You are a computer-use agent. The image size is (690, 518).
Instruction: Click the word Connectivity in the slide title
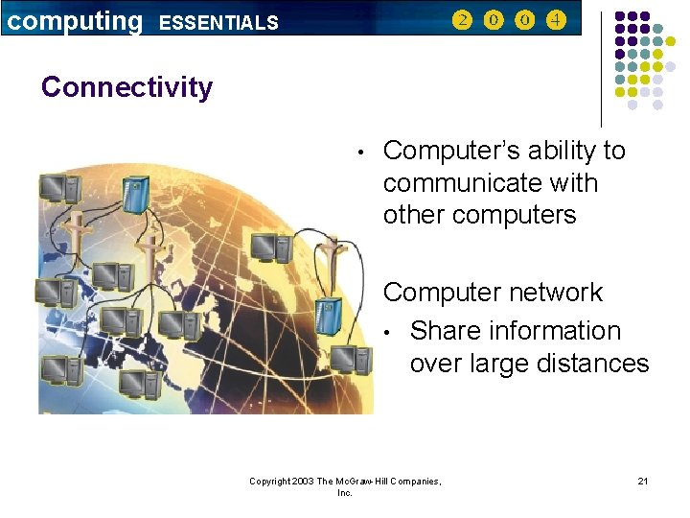click(x=126, y=87)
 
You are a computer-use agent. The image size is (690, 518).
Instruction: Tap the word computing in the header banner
click(x=73, y=19)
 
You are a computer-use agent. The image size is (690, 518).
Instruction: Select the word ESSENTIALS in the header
click(x=218, y=22)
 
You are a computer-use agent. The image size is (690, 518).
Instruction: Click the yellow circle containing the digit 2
click(x=463, y=20)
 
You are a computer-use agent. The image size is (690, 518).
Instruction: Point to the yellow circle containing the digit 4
click(x=557, y=20)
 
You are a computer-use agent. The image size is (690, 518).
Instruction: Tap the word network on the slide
click(x=558, y=293)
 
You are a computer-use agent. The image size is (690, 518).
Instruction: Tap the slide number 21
click(x=642, y=480)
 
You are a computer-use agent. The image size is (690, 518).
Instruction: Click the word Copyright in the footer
click(x=273, y=481)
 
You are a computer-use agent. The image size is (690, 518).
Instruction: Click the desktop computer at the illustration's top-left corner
click(x=53, y=186)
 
